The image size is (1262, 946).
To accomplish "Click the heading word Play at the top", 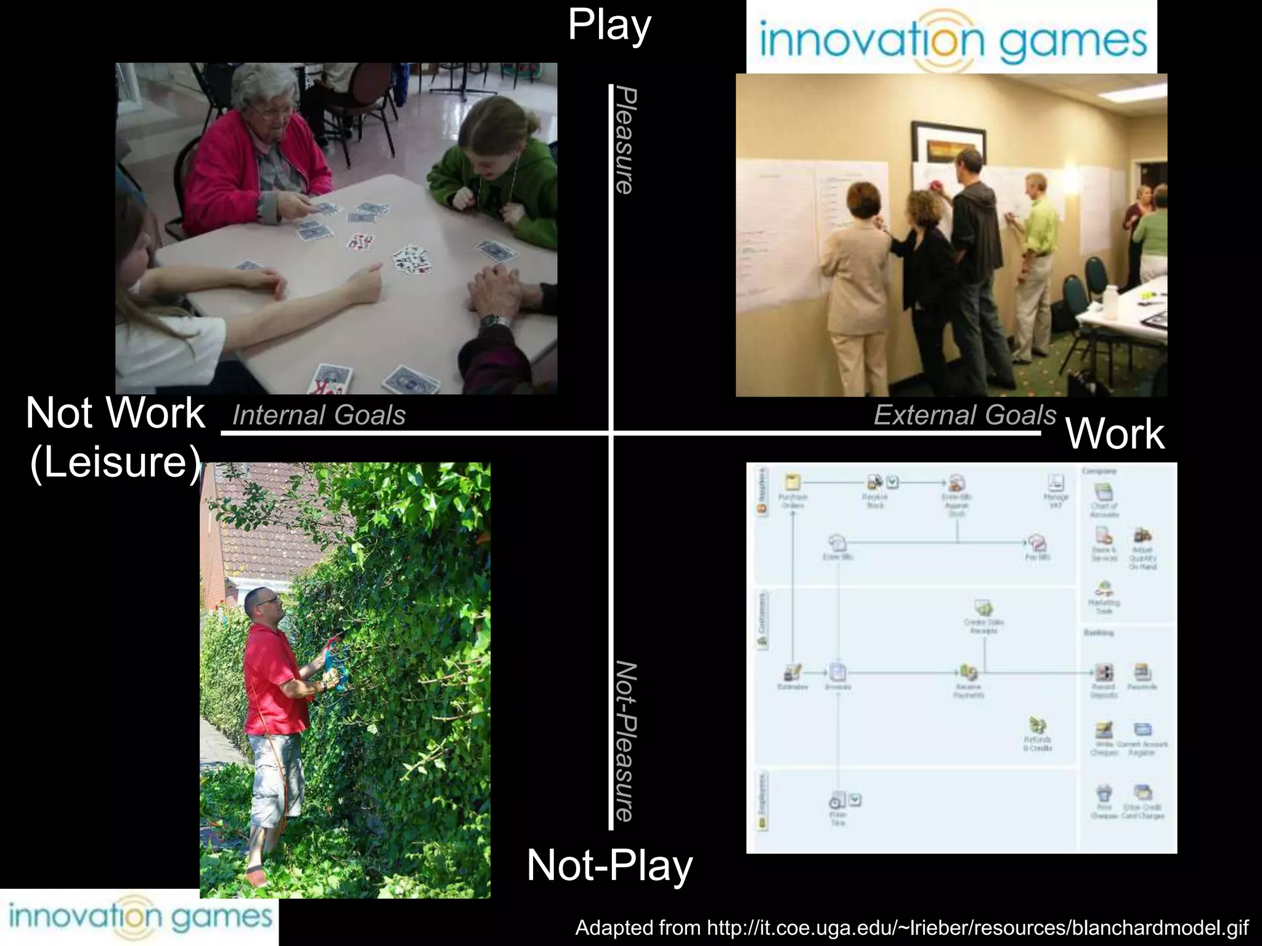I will (x=609, y=26).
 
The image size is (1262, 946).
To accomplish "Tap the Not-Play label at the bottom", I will (x=609, y=865).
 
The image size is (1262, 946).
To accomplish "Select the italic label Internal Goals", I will (x=319, y=415).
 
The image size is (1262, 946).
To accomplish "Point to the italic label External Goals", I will (x=965, y=415).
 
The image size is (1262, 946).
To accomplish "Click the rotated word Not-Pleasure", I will (x=625, y=742).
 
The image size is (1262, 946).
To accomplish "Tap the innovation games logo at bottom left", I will (x=139, y=917).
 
